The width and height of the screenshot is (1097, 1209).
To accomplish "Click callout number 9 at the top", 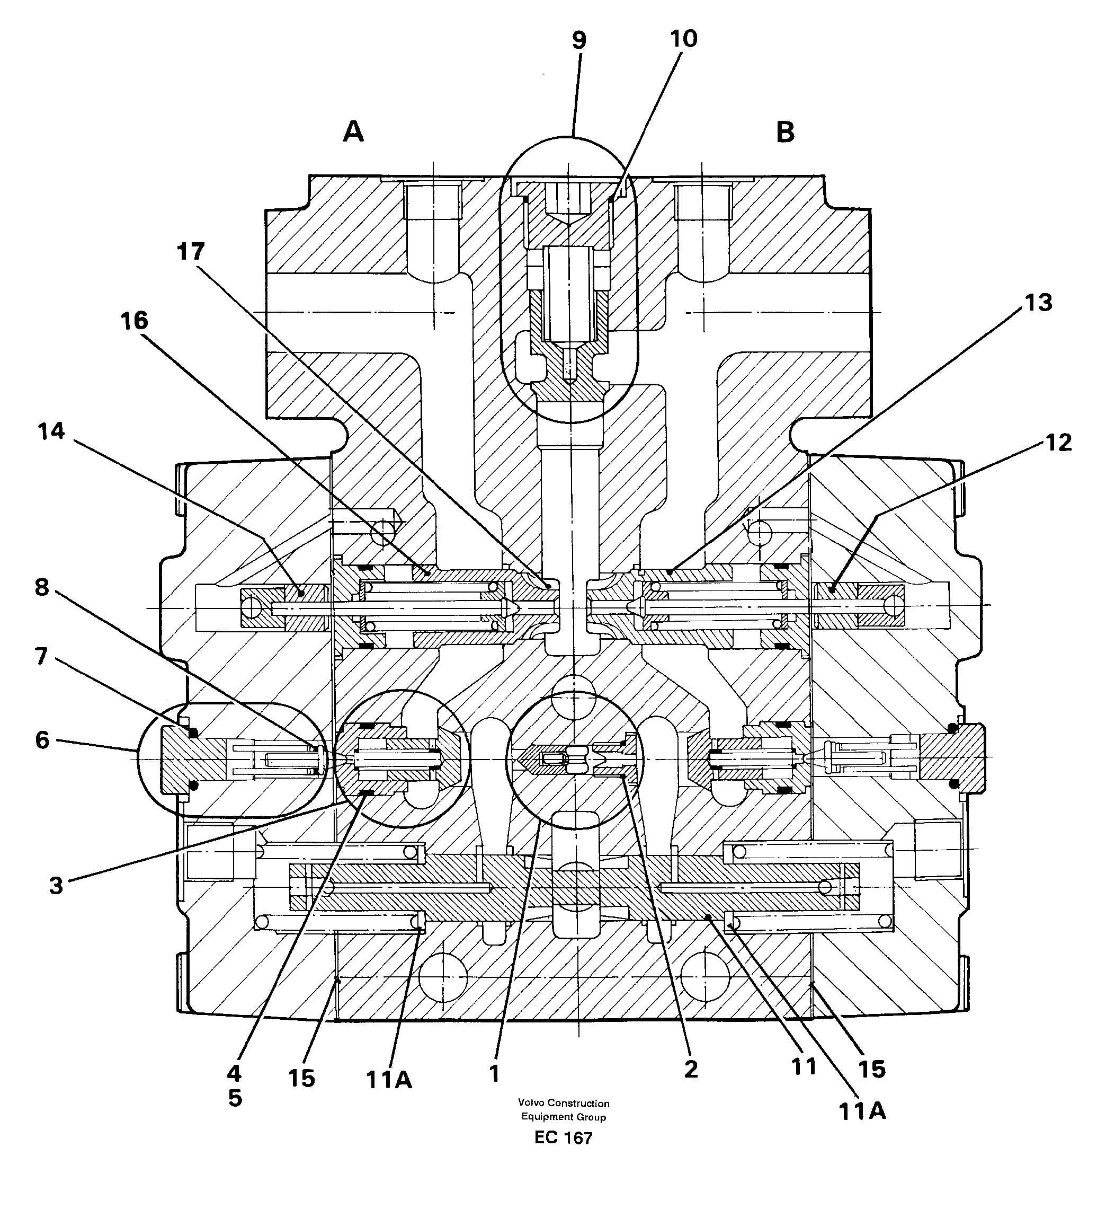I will pos(578,40).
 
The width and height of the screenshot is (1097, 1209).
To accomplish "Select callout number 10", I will pos(683,39).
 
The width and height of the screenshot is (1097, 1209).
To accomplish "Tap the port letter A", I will pos(353,131).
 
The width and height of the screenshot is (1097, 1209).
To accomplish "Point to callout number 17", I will pos(191,252).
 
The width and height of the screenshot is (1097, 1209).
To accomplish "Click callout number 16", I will pos(134,321).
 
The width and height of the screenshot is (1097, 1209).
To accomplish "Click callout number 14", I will pos(51,430).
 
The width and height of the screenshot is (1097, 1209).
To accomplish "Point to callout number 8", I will pos(41,587).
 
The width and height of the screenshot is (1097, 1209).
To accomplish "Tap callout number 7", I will pos(41,656).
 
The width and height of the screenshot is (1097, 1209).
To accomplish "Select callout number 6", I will pos(42,740).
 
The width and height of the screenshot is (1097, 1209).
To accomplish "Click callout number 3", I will pos(56,885).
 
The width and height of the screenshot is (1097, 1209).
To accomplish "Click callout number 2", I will pos(691,1069).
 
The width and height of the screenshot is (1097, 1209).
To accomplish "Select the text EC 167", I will pos(563,1137).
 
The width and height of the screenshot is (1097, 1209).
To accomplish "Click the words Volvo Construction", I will pos(564,1103).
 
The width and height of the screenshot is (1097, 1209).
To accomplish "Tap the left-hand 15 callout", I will pos(301,1078).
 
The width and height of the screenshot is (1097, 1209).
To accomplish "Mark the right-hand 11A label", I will pos(861,1111).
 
